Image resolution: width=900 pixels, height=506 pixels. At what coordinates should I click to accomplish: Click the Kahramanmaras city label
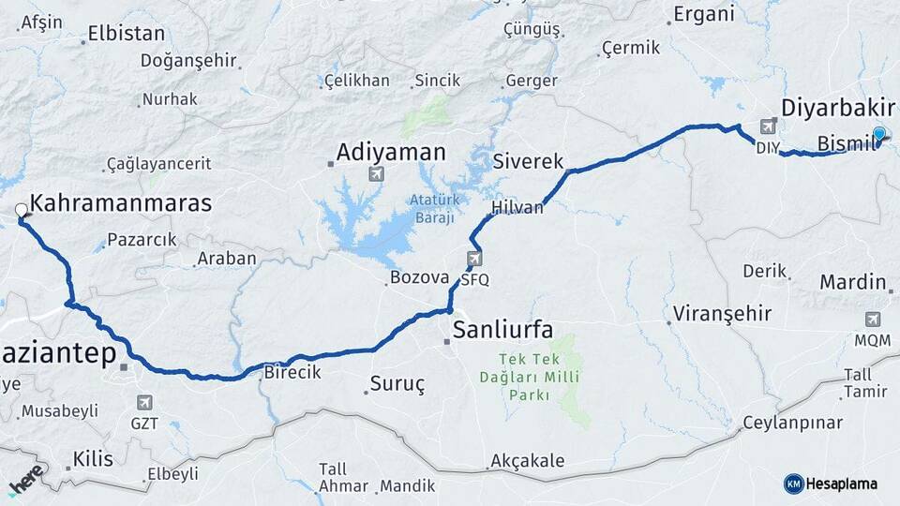[121, 202]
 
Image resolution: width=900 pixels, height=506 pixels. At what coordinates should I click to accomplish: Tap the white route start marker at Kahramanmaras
[21, 210]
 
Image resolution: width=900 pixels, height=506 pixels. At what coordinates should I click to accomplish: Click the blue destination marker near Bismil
[878, 133]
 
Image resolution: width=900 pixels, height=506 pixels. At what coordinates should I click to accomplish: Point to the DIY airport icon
[769, 126]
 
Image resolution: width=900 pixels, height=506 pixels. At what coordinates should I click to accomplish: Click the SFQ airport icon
[474, 259]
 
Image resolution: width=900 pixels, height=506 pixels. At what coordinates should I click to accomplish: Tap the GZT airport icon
[144, 402]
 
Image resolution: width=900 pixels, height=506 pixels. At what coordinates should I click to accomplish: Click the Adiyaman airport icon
[377, 174]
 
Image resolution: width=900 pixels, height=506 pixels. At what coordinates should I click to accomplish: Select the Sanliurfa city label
[502, 329]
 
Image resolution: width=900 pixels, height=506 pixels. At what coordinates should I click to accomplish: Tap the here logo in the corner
[26, 477]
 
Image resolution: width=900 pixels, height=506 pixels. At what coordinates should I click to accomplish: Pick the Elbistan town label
[126, 34]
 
